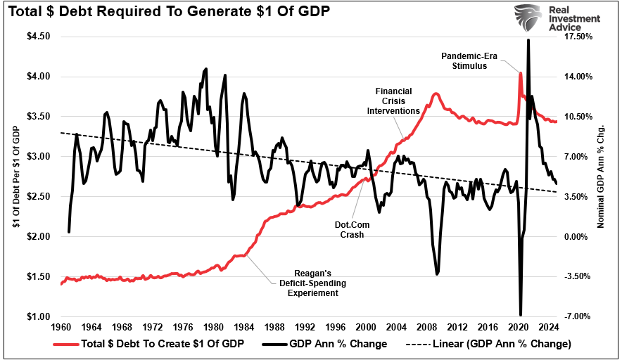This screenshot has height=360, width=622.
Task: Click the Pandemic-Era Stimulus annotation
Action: click(464, 60)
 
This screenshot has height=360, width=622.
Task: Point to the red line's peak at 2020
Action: click(520, 72)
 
